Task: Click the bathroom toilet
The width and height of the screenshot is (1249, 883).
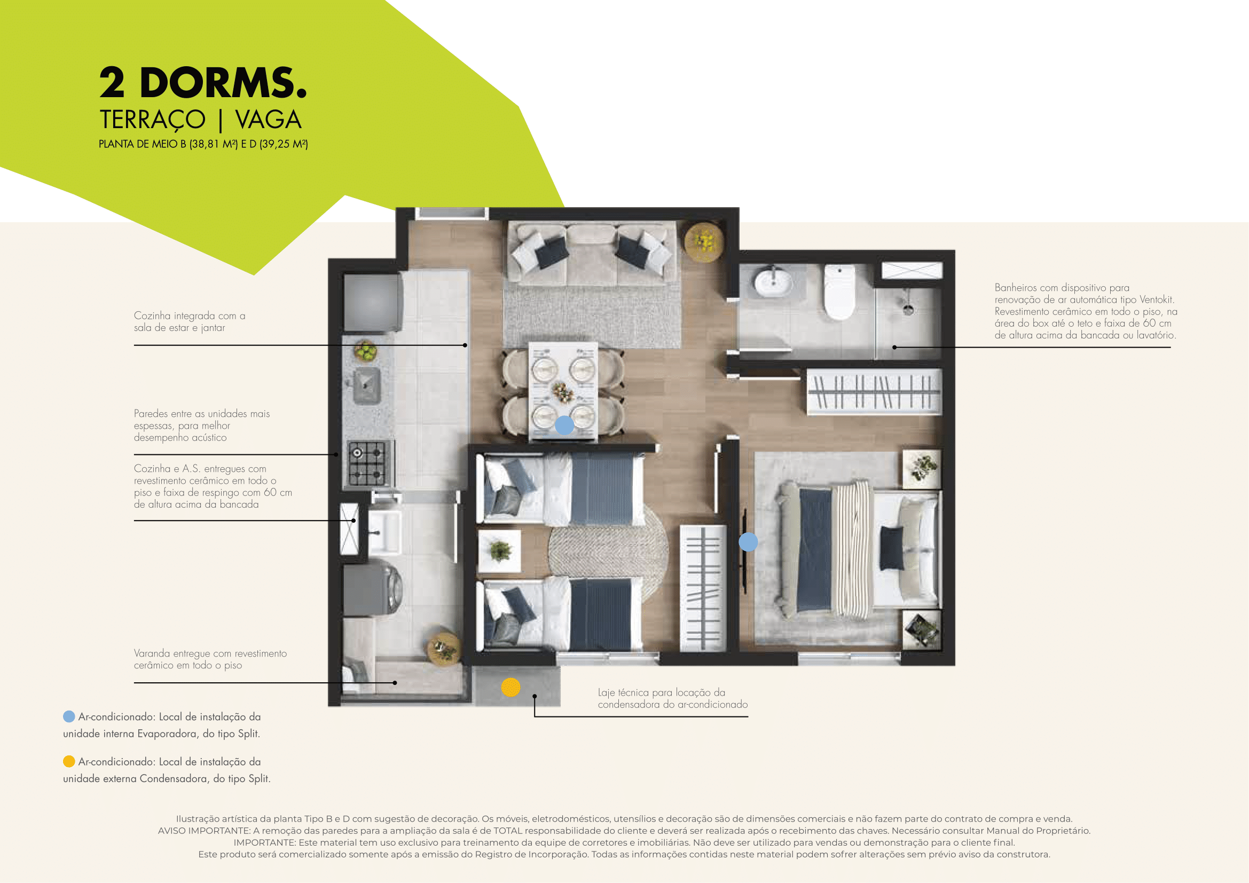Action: tap(839, 292)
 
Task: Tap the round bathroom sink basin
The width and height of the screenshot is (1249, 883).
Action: tap(773, 282)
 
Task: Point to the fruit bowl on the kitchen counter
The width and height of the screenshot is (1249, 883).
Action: tap(366, 351)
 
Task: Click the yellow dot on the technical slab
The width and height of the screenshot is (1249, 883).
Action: tap(510, 687)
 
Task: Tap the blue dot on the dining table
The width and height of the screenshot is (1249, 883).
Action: tap(564, 424)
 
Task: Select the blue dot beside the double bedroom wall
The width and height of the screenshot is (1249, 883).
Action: tap(748, 541)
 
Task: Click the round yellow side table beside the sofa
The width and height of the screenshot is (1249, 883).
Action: tap(704, 242)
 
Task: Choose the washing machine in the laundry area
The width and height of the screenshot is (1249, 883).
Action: tap(373, 589)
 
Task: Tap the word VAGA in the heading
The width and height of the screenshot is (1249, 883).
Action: tap(268, 120)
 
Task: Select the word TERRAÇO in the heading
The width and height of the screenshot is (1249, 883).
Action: tap(152, 120)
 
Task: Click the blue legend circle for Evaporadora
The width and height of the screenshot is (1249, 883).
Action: tap(69, 716)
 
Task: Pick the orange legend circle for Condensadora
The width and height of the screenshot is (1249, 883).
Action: tap(69, 761)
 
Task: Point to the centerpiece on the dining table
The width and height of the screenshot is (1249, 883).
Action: tap(562, 391)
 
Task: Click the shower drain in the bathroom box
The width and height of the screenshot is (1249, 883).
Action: tap(908, 310)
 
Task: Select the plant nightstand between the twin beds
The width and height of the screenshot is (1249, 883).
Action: tap(499, 551)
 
